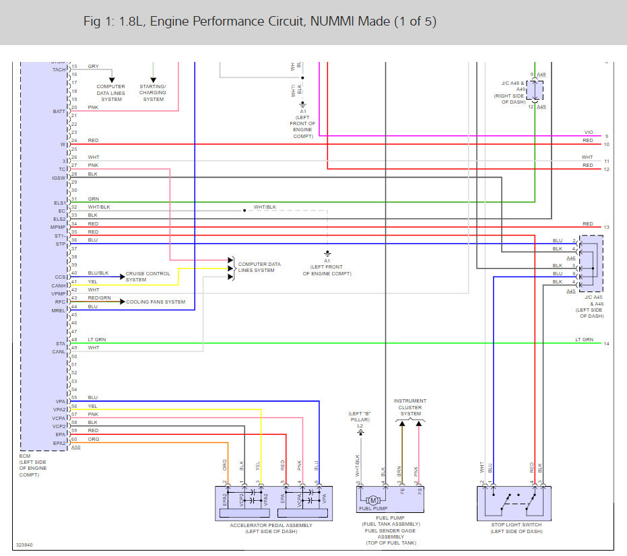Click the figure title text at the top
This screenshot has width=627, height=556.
pyautogui.click(x=260, y=22)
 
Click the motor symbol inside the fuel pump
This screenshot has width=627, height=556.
pyautogui.click(x=371, y=500)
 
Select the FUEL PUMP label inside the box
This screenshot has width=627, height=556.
pyautogui.click(x=370, y=510)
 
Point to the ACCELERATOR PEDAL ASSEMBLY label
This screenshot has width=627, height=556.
pyautogui.click(x=271, y=525)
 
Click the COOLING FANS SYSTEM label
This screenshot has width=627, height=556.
pyautogui.click(x=156, y=302)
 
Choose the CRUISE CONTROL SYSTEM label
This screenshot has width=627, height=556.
pyautogui.click(x=147, y=277)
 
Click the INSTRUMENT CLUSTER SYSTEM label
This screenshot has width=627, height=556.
pyautogui.click(x=410, y=407)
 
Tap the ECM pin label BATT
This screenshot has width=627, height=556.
pyautogui.click(x=59, y=111)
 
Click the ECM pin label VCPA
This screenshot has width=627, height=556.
pyautogui.click(x=59, y=418)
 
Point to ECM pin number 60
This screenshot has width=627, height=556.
pyautogui.click(x=75, y=439)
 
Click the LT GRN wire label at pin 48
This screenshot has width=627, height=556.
pyautogui.click(x=96, y=339)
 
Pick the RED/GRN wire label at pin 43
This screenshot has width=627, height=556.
pyautogui.click(x=98, y=298)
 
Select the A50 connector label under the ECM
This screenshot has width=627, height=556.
pyautogui.click(x=76, y=447)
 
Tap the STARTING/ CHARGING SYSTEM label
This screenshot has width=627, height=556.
pyautogui.click(x=153, y=93)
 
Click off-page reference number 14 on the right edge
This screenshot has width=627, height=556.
pyautogui.click(x=607, y=344)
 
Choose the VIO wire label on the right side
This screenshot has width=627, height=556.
pyautogui.click(x=588, y=133)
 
